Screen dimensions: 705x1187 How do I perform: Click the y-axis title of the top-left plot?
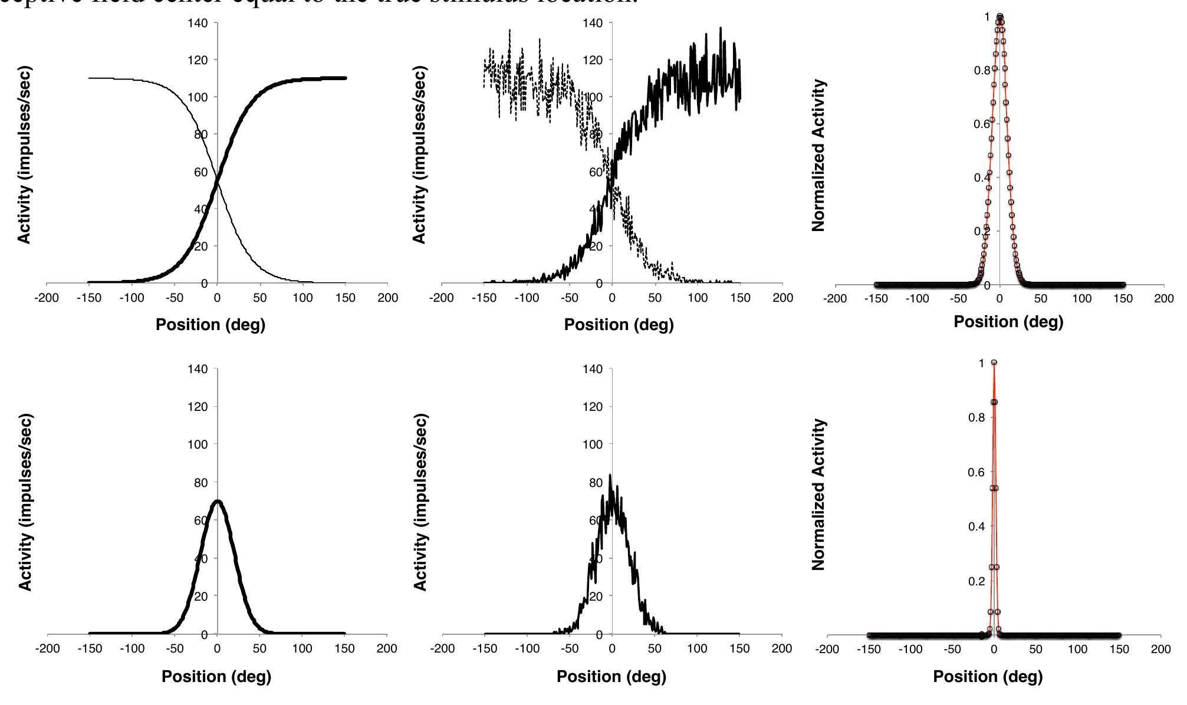(x=24, y=154)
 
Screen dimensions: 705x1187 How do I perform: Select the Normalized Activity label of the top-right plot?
(x=818, y=156)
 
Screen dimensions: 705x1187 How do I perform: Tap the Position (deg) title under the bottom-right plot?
(x=988, y=676)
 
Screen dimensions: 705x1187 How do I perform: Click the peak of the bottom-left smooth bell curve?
(x=218, y=501)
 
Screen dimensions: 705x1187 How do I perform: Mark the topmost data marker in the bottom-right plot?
(x=994, y=363)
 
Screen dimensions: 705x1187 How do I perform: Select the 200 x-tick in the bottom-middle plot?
(x=782, y=649)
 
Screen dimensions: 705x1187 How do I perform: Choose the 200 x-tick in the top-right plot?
(x=1163, y=298)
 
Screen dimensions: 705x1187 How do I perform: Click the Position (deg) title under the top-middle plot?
(x=619, y=325)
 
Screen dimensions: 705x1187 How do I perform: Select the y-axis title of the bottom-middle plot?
(x=419, y=502)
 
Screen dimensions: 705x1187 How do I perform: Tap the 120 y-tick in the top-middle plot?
(x=593, y=60)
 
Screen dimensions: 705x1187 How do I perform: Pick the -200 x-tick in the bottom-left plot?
(x=47, y=649)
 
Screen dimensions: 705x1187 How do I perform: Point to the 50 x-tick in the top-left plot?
(x=260, y=298)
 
